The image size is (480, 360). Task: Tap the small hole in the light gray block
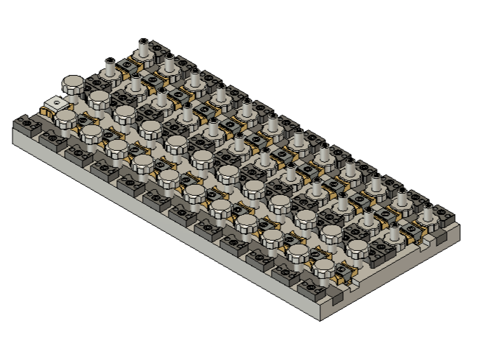coord(51,102)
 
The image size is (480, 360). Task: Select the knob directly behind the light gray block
coord(72,85)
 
